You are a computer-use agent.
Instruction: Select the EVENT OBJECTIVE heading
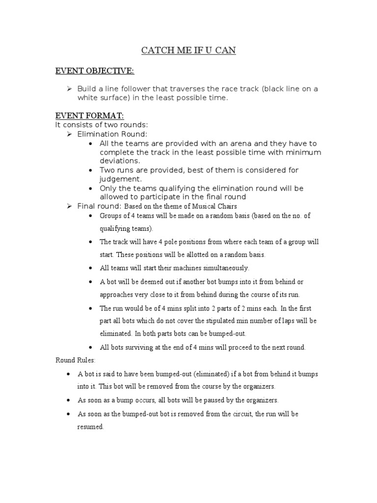(x=94, y=71)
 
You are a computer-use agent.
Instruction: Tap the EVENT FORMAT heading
(x=89, y=115)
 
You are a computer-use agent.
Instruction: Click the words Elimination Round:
(x=112, y=134)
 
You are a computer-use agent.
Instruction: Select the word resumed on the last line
(x=90, y=427)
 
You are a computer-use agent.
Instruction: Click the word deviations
(x=119, y=161)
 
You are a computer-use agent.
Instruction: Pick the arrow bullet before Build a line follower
(x=70, y=88)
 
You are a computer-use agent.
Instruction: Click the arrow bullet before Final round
(x=70, y=205)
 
